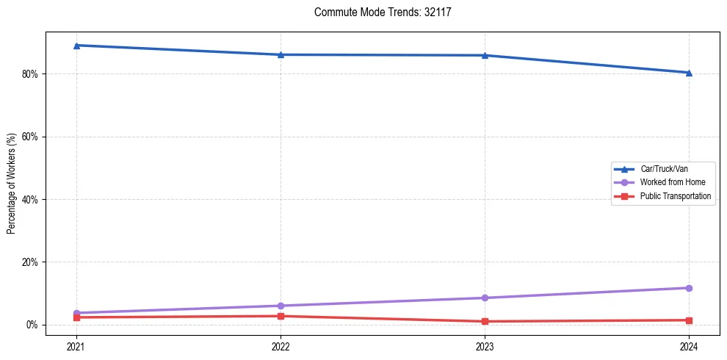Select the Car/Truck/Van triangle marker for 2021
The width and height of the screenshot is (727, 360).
[x=76, y=46]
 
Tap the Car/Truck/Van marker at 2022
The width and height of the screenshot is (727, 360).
[x=281, y=54]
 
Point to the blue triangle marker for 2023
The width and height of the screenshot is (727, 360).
[x=485, y=55]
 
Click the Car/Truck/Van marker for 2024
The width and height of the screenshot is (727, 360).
[x=689, y=73]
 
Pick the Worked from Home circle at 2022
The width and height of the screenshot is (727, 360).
[x=281, y=306]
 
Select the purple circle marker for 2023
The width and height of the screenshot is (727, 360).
[x=485, y=298]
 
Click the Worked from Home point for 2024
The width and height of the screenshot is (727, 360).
[x=689, y=288]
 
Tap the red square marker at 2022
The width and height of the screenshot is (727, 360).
[x=281, y=316]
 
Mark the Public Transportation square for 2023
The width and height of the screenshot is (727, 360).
[x=485, y=321]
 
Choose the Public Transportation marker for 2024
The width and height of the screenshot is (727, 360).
[x=689, y=320]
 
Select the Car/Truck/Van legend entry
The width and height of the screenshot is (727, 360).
[x=664, y=169]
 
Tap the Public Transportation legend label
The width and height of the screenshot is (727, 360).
[x=676, y=196]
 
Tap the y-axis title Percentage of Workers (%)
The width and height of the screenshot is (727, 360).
[x=11, y=184]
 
